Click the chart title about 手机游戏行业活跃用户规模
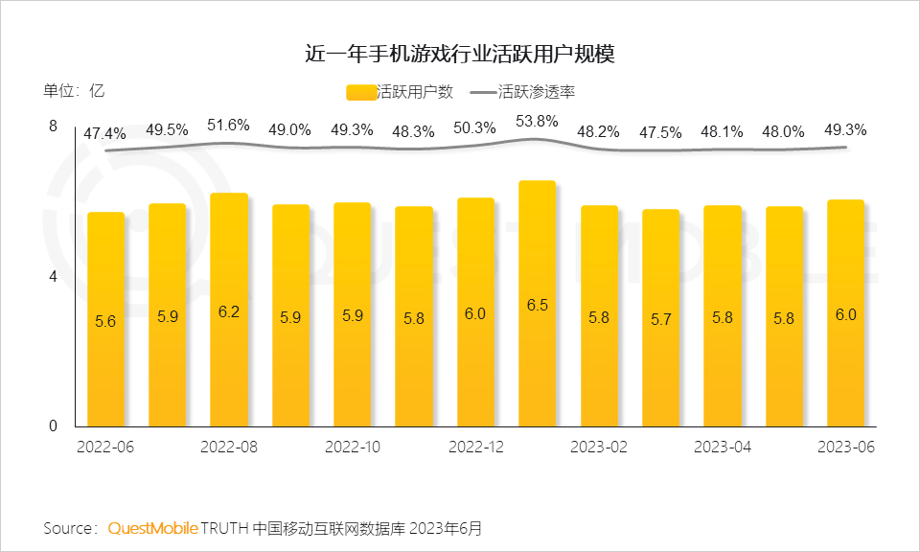click(459, 54)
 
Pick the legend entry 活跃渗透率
click(537, 92)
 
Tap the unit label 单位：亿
click(74, 92)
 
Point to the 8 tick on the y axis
click(54, 126)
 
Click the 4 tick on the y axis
click(54, 277)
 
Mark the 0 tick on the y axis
click(54, 426)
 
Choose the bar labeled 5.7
click(660, 318)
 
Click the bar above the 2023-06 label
click(845, 313)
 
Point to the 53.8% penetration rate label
click(537, 122)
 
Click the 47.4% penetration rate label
click(104, 133)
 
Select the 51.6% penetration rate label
click(229, 125)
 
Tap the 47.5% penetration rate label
click(660, 131)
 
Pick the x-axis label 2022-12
click(476, 448)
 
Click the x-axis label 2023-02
click(599, 448)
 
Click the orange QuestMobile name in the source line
click(153, 528)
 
